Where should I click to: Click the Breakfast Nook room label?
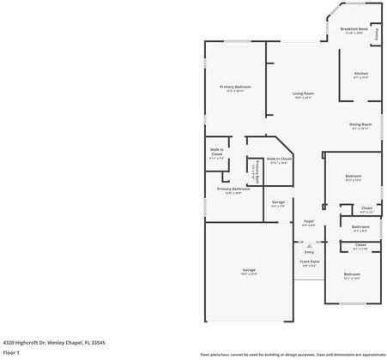[354, 28]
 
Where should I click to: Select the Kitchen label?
[361, 73]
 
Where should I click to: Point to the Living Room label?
[303, 93]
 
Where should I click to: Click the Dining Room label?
[360, 124]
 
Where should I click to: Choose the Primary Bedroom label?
[235, 87]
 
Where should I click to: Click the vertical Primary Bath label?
[255, 172]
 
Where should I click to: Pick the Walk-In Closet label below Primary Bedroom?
[217, 152]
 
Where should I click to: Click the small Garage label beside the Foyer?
[279, 202]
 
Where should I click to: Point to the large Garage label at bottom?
[248, 270]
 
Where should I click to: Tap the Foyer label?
[309, 221]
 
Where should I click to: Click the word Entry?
[309, 251]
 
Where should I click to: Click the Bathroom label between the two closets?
[360, 226]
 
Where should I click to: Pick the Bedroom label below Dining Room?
[353, 176]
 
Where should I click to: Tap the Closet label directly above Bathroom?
[366, 207]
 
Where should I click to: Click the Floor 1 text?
[11, 351]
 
